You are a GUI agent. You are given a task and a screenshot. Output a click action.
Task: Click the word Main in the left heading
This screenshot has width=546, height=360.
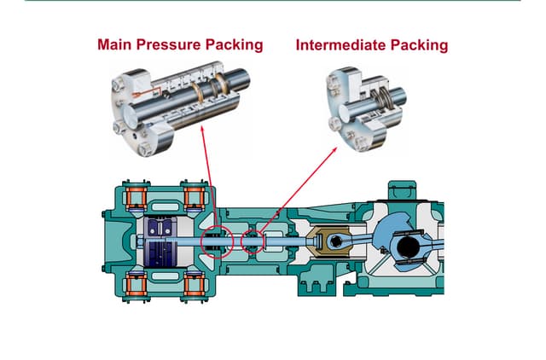tap(115, 44)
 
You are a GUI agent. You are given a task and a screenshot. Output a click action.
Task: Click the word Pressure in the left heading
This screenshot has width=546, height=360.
tap(169, 44)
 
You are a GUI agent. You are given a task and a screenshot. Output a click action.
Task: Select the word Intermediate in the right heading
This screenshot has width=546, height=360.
tap(342, 44)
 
